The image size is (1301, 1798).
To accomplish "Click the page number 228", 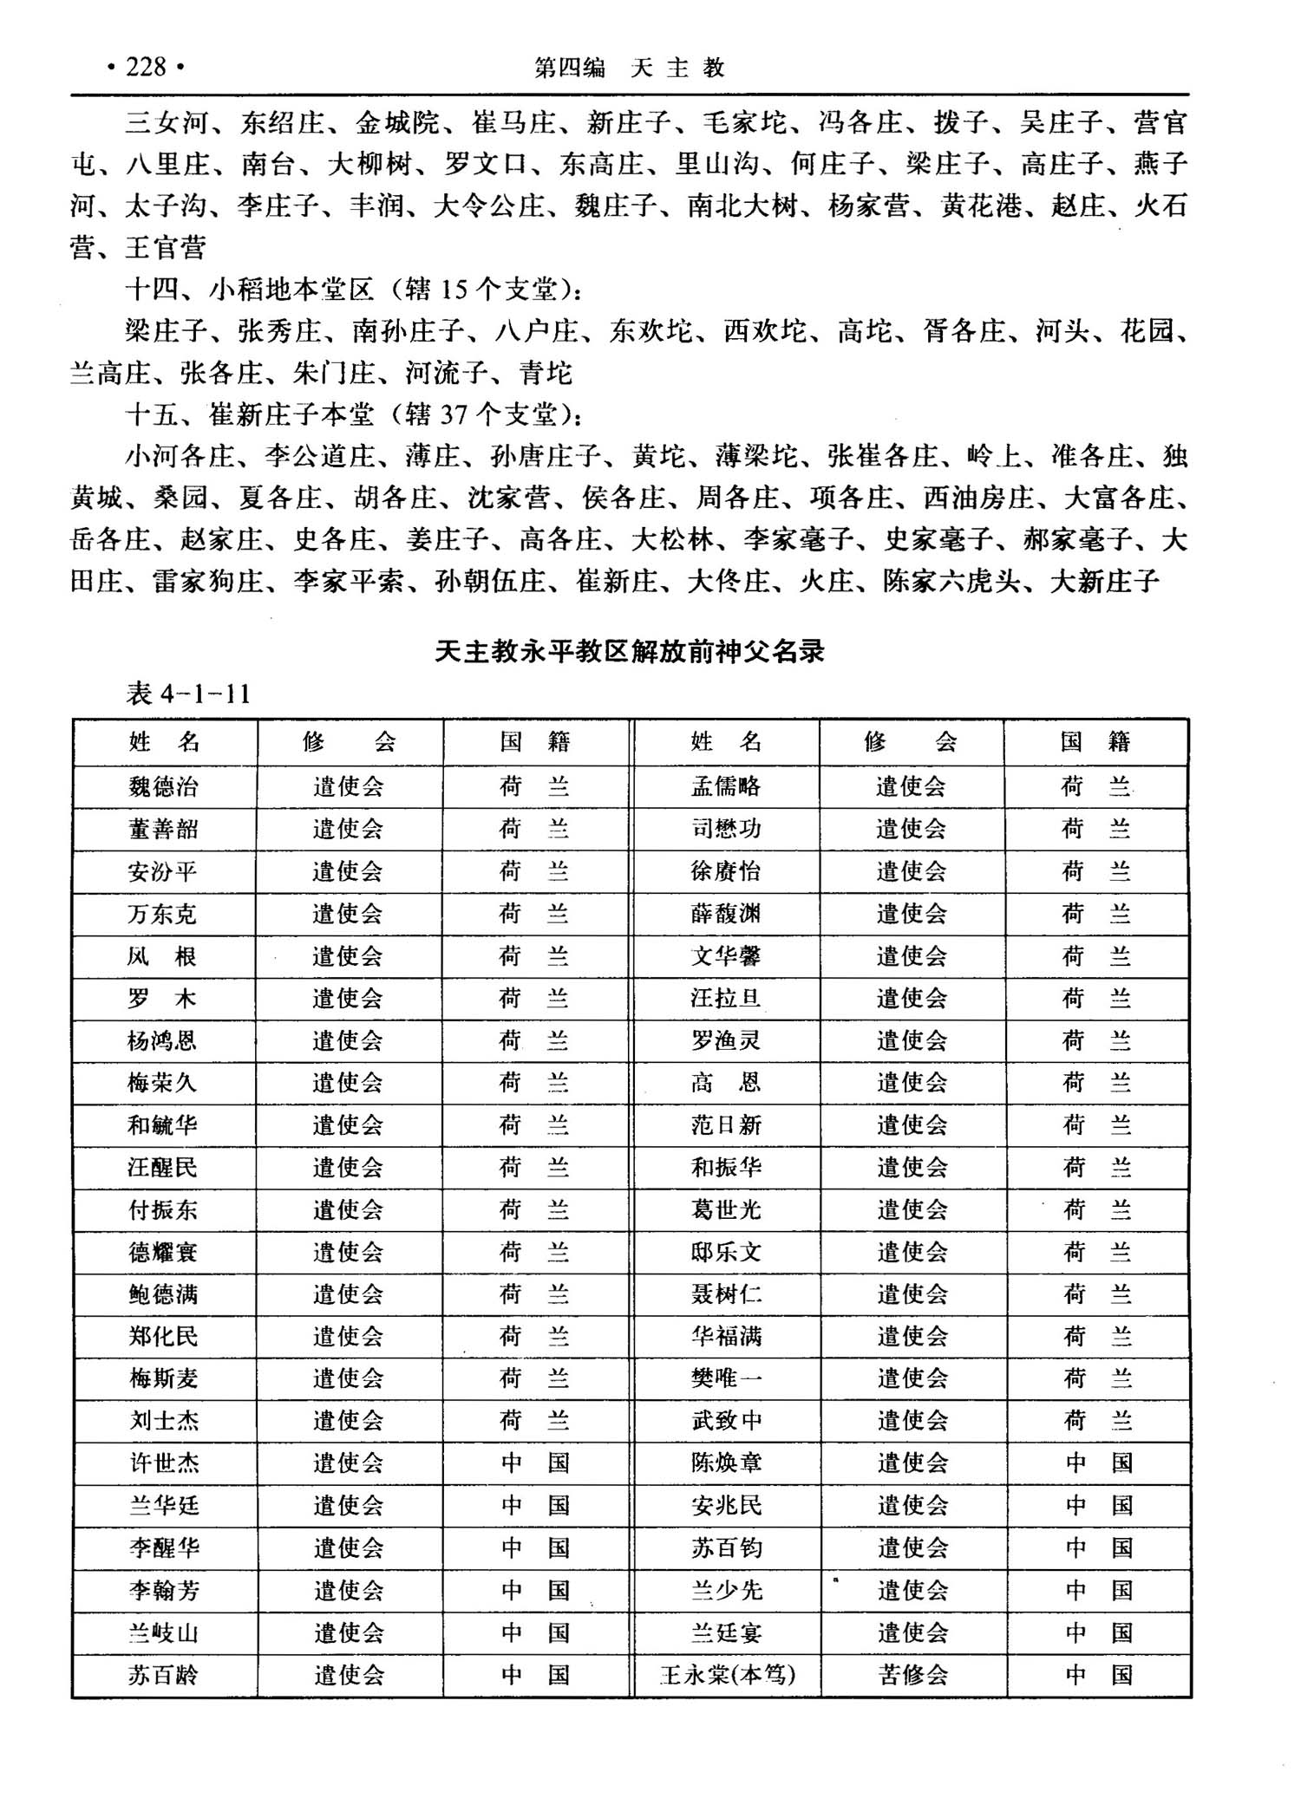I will pos(145,68).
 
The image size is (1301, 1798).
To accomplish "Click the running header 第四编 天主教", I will pos(630,68).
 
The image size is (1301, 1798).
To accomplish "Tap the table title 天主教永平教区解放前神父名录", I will pos(630,652).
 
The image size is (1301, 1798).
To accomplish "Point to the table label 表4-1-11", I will pos(188,694).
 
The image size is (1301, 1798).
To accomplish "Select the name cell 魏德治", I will pos(163,786).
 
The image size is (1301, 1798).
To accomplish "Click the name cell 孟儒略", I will pos(726,786).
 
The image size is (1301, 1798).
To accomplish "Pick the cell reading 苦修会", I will pos(912,1675).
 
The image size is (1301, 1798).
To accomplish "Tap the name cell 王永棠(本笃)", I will pos(727,1675).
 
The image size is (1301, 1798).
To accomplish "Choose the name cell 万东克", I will pos(163,914).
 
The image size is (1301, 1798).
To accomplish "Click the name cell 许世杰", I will pos(164,1463).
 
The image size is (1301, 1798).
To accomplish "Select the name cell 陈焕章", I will pos(726,1463).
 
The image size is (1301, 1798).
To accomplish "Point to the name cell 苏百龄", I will pos(163,1675).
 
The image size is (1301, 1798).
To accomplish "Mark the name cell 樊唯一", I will pos(726,1378).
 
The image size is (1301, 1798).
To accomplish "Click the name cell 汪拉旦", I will pos(726,999).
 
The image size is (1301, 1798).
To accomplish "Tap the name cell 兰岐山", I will pos(163,1633).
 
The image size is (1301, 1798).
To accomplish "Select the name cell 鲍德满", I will pos(163,1294).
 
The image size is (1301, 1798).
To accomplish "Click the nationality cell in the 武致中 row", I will pos(1097,1421).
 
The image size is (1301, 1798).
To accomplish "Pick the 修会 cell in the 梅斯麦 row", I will pos(348,1378).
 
